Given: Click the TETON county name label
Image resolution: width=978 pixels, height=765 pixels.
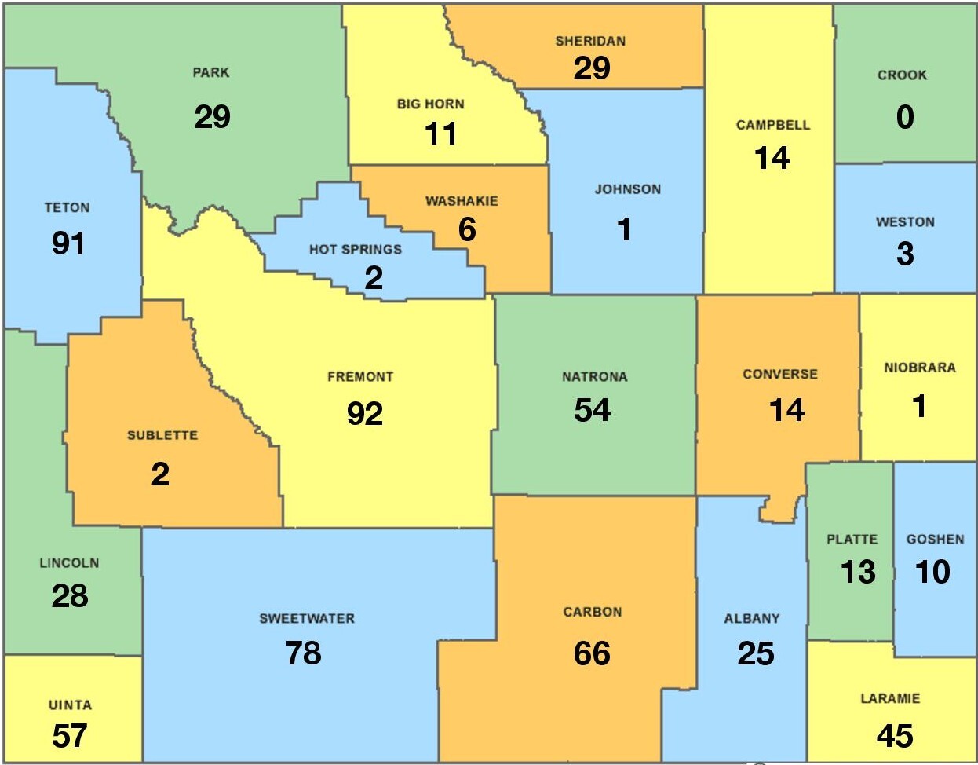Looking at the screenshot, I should click(x=67, y=208).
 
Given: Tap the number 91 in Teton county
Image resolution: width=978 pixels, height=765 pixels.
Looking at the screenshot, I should click(x=68, y=243).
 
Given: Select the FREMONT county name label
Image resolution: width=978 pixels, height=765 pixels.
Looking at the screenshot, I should click(x=360, y=377).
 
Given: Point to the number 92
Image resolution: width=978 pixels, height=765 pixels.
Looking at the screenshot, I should click(x=365, y=413).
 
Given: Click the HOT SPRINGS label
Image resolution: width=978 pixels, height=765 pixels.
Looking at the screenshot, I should click(x=355, y=250).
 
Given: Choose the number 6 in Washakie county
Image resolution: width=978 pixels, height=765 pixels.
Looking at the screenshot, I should click(x=467, y=230).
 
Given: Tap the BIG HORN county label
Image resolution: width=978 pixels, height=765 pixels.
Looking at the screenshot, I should click(x=430, y=104).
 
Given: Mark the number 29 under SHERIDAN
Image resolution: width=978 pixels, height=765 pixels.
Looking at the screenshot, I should click(x=592, y=68).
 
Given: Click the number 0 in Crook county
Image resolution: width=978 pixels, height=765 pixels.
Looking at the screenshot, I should click(x=905, y=118).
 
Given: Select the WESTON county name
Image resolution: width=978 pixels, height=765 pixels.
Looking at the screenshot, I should click(x=905, y=222).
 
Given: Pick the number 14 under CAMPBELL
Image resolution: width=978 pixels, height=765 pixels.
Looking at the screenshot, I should click(x=772, y=159).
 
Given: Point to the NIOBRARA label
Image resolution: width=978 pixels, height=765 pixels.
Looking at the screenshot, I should click(x=919, y=368).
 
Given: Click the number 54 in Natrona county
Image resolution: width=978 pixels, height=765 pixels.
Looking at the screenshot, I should click(x=593, y=410).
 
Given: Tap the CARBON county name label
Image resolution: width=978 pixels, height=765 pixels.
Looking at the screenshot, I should click(x=593, y=612).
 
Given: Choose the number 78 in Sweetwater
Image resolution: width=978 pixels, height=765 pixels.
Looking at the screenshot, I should click(x=304, y=653).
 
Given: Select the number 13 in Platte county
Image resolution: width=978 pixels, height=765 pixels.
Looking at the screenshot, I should click(x=858, y=572).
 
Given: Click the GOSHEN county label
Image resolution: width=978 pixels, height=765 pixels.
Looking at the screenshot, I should click(x=935, y=540).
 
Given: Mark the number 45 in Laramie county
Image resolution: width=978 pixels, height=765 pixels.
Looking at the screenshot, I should click(x=895, y=736).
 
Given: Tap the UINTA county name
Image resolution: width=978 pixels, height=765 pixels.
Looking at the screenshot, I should click(x=70, y=705).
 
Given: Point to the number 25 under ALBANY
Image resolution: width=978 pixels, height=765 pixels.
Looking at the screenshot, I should click(x=756, y=653).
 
